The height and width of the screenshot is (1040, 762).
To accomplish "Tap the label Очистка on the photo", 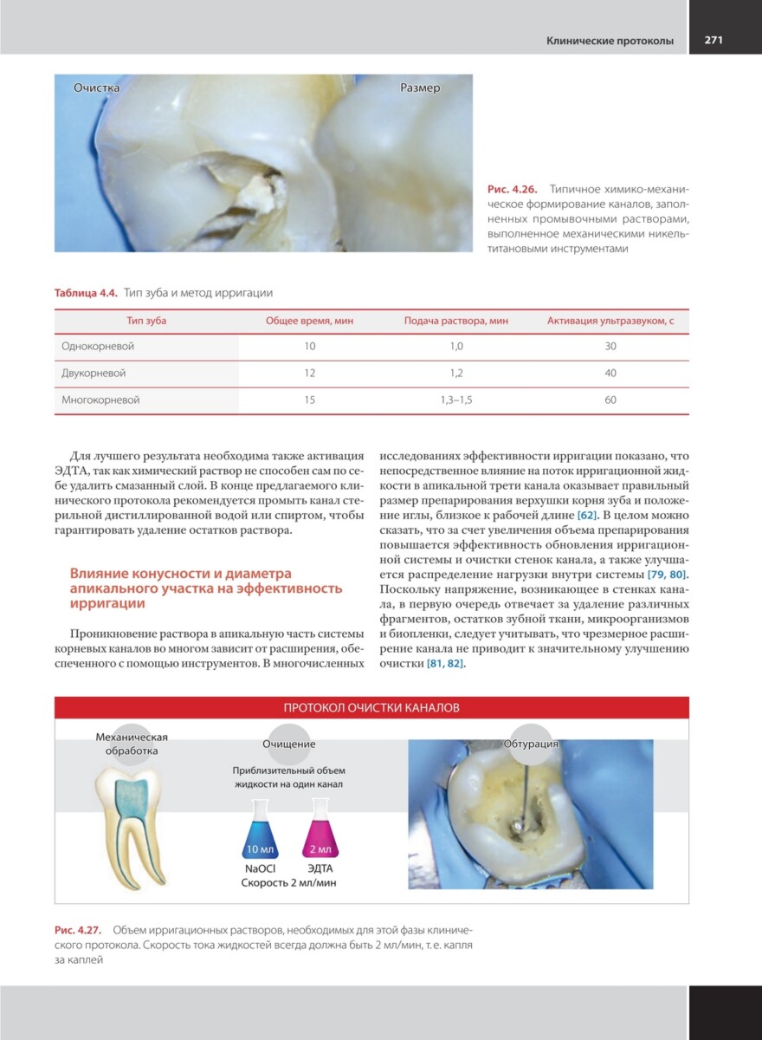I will pos(95,88).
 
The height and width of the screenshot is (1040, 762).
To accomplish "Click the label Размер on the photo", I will pos(420,88).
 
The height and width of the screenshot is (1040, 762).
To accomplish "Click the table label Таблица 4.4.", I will pos(86,292).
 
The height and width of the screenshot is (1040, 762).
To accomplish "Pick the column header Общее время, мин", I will pos(309,321).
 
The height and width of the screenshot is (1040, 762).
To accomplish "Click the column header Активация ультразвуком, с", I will pos(610,321).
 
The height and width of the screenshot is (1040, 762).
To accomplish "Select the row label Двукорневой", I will pos(94,373).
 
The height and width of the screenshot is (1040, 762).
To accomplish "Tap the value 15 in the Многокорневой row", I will pos(310,400).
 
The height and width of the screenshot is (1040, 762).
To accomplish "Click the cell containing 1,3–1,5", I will pos(456,400).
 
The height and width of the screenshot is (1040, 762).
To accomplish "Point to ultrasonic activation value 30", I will pos(610,346).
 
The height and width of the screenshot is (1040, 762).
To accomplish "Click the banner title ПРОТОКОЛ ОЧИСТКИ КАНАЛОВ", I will pos(371,707).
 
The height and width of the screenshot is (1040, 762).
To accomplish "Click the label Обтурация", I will pos(531,744).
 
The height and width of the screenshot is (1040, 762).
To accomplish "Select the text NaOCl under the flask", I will pos(261,868).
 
